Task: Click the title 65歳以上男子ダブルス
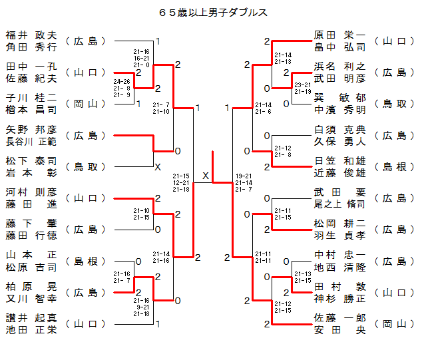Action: pyautogui.click(x=213, y=12)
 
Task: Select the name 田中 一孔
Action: pyautogui.click(x=31, y=67)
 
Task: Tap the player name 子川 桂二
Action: pyautogui.click(x=31, y=98)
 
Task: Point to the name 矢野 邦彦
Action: pyautogui.click(x=31, y=130)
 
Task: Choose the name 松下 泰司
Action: pyautogui.click(x=31, y=161)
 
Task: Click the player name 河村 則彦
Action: pyautogui.click(x=31, y=192)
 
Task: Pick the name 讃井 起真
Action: pyautogui.click(x=31, y=318)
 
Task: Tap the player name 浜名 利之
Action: pyautogui.click(x=339, y=67)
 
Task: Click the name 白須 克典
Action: pyautogui.click(x=339, y=130)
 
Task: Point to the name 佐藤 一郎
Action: pyautogui.click(x=339, y=318)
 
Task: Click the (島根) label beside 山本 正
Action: pyautogui.click(x=91, y=261)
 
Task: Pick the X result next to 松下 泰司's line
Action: pyautogui.click(x=158, y=167)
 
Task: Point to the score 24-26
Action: pyautogui.click(x=122, y=82)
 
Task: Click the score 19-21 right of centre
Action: pyautogui.click(x=244, y=176)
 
